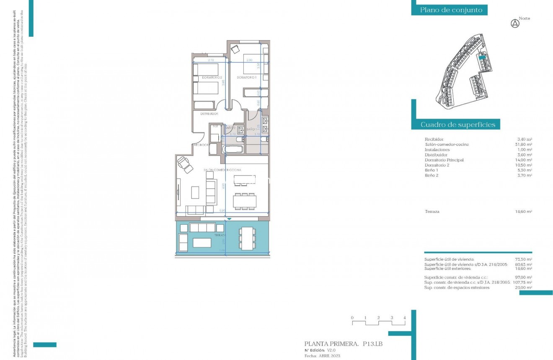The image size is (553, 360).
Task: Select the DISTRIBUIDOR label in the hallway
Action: (x=208, y=114)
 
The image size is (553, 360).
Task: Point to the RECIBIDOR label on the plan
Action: (x=201, y=145)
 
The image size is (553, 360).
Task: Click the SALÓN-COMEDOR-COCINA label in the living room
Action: (x=222, y=170)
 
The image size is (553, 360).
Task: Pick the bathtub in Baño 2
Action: (x=232, y=149)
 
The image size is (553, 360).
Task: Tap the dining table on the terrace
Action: (x=247, y=238)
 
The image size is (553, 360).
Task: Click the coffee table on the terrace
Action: (x=202, y=243)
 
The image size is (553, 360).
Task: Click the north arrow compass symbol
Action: (x=515, y=24)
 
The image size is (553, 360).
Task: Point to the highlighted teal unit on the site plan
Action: (x=482, y=57)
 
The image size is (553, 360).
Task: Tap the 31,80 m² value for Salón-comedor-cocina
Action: (x=525, y=145)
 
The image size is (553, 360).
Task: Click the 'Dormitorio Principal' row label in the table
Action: (x=444, y=160)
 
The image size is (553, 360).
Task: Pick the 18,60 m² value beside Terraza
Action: (x=524, y=212)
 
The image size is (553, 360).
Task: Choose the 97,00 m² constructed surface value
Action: (x=524, y=277)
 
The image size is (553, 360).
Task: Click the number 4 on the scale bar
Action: (x=405, y=318)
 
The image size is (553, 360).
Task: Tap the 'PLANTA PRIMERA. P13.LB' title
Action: (x=344, y=344)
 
